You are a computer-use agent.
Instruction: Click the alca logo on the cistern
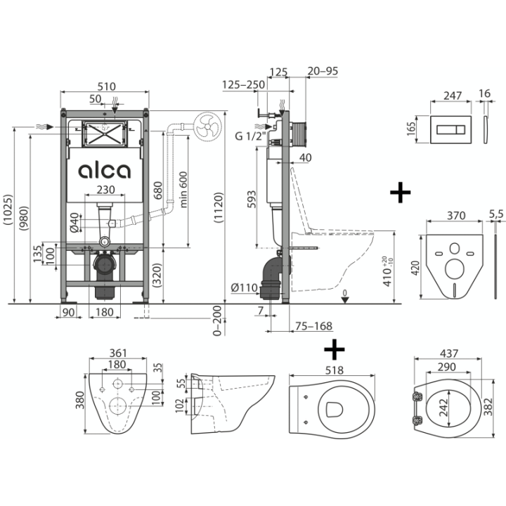pos(105,171)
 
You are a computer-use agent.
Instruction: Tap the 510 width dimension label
pos(107,86)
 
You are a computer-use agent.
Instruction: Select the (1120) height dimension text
pos(219,207)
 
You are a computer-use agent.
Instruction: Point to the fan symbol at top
pos(208,126)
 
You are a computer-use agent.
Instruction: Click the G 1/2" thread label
pos(249,136)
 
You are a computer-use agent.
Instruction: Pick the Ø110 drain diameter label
pos(245,287)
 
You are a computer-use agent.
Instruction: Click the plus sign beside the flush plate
pos(400,193)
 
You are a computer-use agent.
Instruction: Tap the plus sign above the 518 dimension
pos(335,349)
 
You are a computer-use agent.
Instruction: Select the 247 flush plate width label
pos(453,96)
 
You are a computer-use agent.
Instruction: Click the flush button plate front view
pos(450,130)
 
